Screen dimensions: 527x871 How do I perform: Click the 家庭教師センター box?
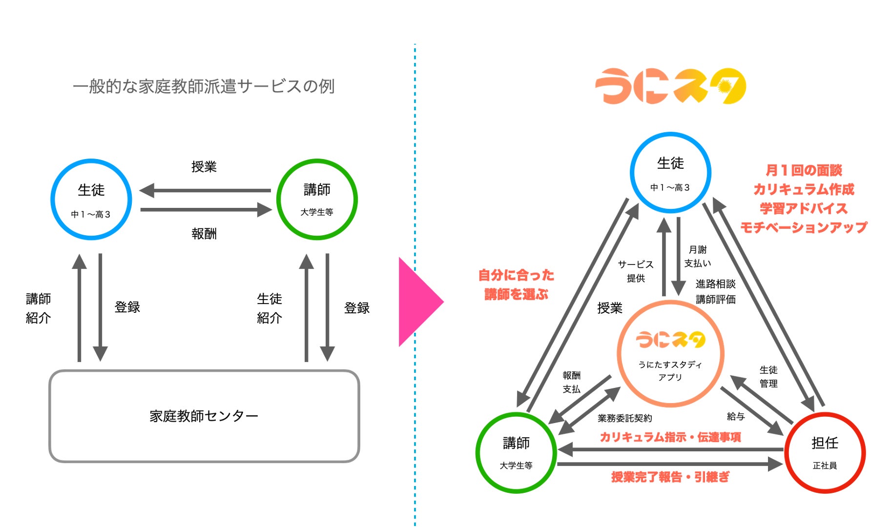204,416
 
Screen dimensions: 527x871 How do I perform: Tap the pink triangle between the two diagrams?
419,302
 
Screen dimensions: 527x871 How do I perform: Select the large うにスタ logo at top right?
670,86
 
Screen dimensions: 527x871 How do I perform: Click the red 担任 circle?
825,452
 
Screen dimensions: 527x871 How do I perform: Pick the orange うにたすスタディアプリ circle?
670,354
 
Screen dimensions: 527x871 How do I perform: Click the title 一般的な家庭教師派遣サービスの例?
204,86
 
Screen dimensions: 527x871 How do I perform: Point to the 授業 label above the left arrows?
204,167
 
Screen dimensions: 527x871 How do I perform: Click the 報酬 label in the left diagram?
204,234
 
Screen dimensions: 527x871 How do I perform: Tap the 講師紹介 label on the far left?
38,308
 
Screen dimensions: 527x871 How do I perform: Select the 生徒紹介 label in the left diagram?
270,308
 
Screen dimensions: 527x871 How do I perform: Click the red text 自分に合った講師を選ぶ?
516,285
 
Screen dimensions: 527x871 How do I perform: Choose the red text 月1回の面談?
804,170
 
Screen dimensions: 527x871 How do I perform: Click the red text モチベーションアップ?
804,227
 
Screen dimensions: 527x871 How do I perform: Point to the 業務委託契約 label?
624,418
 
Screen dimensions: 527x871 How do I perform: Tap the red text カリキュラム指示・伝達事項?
670,437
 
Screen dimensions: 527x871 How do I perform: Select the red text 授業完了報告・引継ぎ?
670,477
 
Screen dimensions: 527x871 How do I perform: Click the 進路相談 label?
715,284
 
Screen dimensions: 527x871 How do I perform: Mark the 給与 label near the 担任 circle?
735,416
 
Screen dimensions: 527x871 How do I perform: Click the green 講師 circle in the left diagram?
317,200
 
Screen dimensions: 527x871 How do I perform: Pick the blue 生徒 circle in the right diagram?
670,172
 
